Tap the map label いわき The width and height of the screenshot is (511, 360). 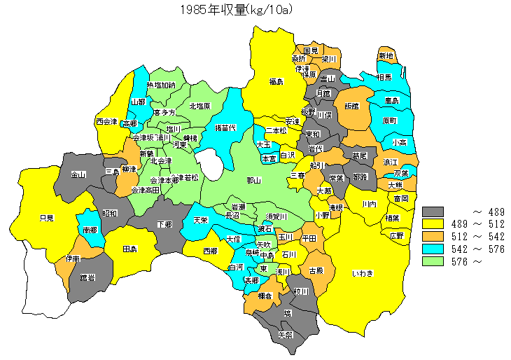363,272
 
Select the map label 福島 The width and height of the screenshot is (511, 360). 276,82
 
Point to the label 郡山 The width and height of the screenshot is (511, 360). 254,180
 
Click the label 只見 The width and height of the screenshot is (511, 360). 47,218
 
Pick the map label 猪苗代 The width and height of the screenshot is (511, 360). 225,128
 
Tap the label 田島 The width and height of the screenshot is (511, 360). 129,249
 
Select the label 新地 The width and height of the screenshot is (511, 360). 386,56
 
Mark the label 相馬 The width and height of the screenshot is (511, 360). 384,78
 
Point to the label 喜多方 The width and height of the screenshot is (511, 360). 164,112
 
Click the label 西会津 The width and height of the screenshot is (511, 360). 107,121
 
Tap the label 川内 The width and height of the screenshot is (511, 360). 370,204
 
